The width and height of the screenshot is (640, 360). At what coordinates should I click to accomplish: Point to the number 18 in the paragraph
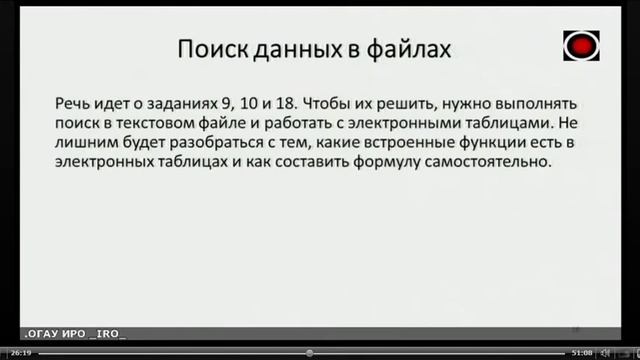283,104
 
